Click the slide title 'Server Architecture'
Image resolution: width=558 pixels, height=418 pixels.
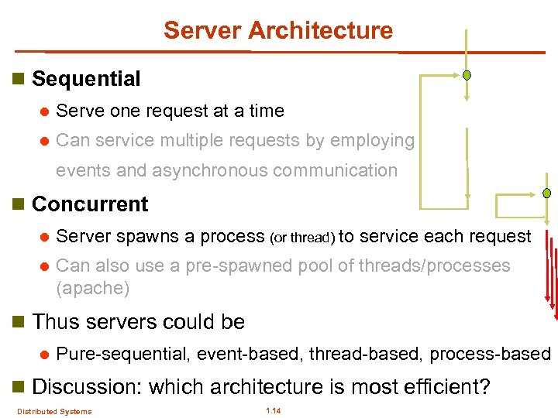(x=278, y=30)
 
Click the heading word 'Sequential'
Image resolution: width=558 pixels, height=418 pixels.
(x=86, y=79)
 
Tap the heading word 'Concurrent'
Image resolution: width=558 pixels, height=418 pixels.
(x=90, y=204)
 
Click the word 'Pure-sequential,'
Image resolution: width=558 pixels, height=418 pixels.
(x=125, y=355)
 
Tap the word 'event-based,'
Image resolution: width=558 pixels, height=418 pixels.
(x=250, y=355)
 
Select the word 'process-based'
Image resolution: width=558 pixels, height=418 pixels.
(x=490, y=355)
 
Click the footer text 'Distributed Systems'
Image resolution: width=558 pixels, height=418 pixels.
(x=54, y=411)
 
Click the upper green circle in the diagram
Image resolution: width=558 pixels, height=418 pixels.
(x=467, y=76)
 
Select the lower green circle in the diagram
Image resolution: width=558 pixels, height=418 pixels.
(x=546, y=193)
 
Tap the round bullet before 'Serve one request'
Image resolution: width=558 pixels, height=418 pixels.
(x=43, y=111)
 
